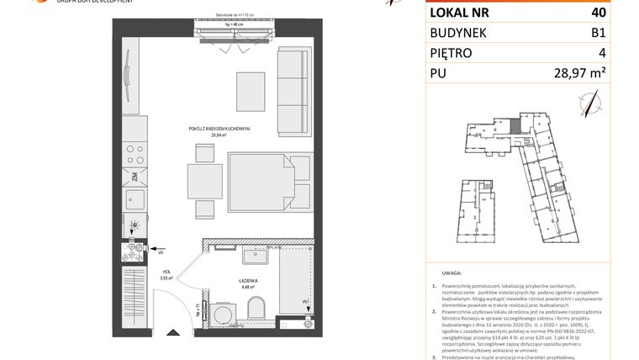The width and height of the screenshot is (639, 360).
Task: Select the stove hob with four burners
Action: tap(134, 155)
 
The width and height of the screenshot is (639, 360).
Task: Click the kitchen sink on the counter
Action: tap(134, 199)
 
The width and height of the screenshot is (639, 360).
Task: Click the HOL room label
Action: tap(167, 271)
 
